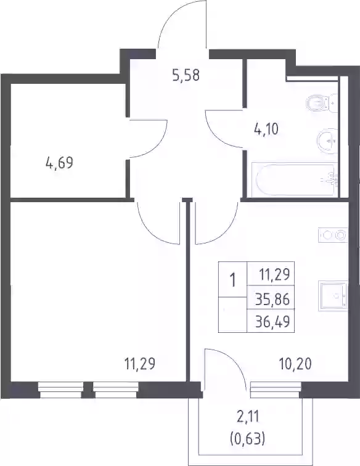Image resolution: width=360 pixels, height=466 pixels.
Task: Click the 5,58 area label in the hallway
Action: (186, 75)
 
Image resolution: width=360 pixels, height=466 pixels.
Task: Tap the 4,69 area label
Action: (59, 163)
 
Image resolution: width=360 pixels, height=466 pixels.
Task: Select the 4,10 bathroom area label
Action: (266, 129)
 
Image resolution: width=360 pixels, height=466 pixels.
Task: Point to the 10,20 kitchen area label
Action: (295, 364)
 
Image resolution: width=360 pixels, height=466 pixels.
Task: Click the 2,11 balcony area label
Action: (248, 416)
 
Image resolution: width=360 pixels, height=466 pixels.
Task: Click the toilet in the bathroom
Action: (322, 103)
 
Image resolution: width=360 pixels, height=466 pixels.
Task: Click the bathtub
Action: (295, 179)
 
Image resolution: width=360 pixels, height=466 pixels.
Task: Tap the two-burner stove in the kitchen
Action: (333, 235)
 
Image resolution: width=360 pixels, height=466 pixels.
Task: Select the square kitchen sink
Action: (333, 296)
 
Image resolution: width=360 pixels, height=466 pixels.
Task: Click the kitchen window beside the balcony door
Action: (276, 390)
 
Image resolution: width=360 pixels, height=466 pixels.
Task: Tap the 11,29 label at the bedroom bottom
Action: (140, 364)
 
